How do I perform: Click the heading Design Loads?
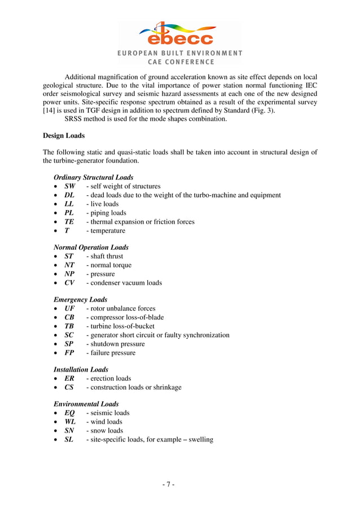coord(64,135)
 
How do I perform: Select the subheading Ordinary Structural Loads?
coord(93,177)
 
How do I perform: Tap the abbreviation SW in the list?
coord(69,186)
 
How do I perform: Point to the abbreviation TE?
coord(69,222)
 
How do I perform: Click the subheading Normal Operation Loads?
coord(91,247)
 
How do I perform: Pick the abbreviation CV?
coord(69,283)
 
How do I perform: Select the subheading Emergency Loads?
coord(80,299)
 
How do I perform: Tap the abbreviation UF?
coord(69,308)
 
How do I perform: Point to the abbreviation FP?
coord(69,353)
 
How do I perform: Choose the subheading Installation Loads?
coord(81,369)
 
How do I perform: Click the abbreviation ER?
coord(69,378)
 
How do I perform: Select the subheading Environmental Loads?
coord(86,404)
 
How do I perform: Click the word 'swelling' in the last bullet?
coord(201,439)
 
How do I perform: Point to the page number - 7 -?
coord(169,485)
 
